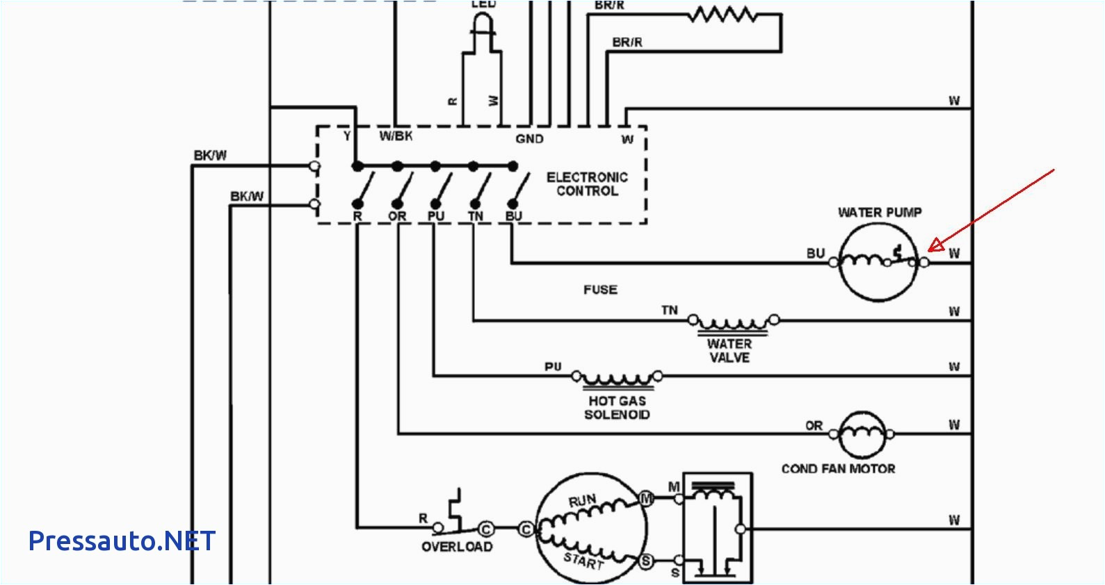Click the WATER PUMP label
pos(880,213)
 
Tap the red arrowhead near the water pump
pos(935,245)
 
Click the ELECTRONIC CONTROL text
pos(587,184)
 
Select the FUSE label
pos(600,290)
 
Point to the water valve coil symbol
pos(733,322)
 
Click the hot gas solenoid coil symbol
pos(617,379)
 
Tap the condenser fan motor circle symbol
pos(862,434)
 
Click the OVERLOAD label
pos(457,547)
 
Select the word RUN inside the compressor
pos(582,500)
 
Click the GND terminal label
pos(529,139)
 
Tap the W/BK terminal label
pos(395,136)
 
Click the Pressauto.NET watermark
pos(122,541)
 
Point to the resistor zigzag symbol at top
pos(723,15)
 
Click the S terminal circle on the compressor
pos(646,561)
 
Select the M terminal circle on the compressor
pos(646,498)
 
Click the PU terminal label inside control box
pos(435,216)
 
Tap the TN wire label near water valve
pos(669,311)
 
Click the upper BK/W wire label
pos(209,156)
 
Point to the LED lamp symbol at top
pos(483,28)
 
